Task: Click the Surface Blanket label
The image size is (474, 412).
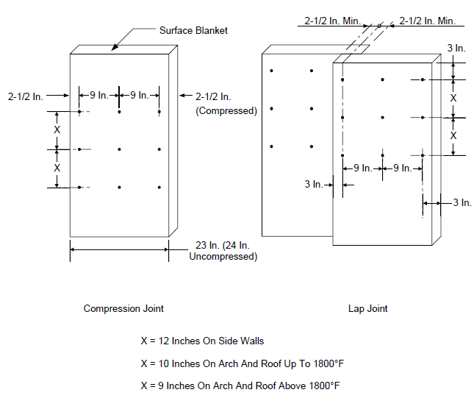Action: click(x=193, y=31)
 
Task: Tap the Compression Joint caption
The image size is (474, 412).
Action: click(x=123, y=308)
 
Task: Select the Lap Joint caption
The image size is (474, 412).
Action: click(x=367, y=308)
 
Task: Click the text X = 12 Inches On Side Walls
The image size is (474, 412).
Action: click(x=202, y=341)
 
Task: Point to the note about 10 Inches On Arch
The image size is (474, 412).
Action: click(x=243, y=363)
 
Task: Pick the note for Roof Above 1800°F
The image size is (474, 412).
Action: click(x=240, y=386)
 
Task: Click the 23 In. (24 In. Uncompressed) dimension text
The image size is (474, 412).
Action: click(x=223, y=251)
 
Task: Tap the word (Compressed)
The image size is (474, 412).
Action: click(x=226, y=111)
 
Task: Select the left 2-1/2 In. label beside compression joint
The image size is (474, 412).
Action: click(x=26, y=96)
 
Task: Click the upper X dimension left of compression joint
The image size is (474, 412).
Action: click(x=57, y=130)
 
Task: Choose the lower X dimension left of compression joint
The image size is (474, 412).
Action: click(x=57, y=168)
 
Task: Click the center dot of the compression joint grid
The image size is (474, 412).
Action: click(x=119, y=149)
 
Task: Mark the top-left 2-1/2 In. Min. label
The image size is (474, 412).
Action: click(x=332, y=21)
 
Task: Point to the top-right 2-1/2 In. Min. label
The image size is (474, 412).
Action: click(x=428, y=21)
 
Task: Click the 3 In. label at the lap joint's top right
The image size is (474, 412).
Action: click(x=456, y=48)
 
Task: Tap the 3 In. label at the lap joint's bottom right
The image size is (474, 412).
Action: click(x=462, y=202)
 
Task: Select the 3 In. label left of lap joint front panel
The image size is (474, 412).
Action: click(x=314, y=184)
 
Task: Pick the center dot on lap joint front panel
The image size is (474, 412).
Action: click(x=382, y=118)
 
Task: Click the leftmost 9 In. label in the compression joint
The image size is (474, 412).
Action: click(x=99, y=95)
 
